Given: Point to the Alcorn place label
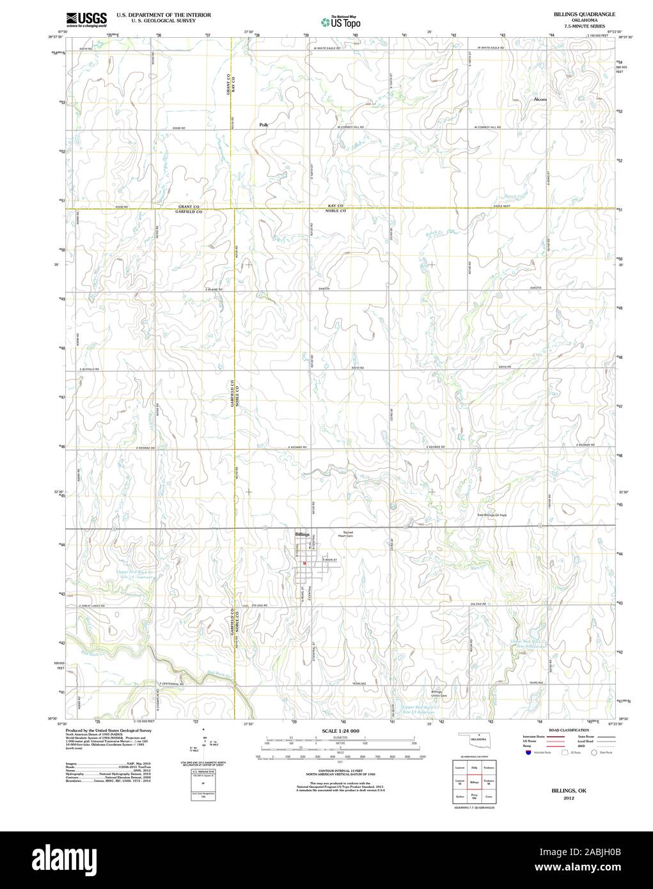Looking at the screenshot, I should pos(540,100).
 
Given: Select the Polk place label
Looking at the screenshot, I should pos(264,125).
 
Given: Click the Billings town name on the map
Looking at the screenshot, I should pos(303,534).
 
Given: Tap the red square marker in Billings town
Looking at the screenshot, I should pos(305,563).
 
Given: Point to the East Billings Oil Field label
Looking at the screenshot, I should pos(496,515).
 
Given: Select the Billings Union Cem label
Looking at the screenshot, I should pos(437,693).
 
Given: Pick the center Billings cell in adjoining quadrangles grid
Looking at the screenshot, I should pos(474,782).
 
